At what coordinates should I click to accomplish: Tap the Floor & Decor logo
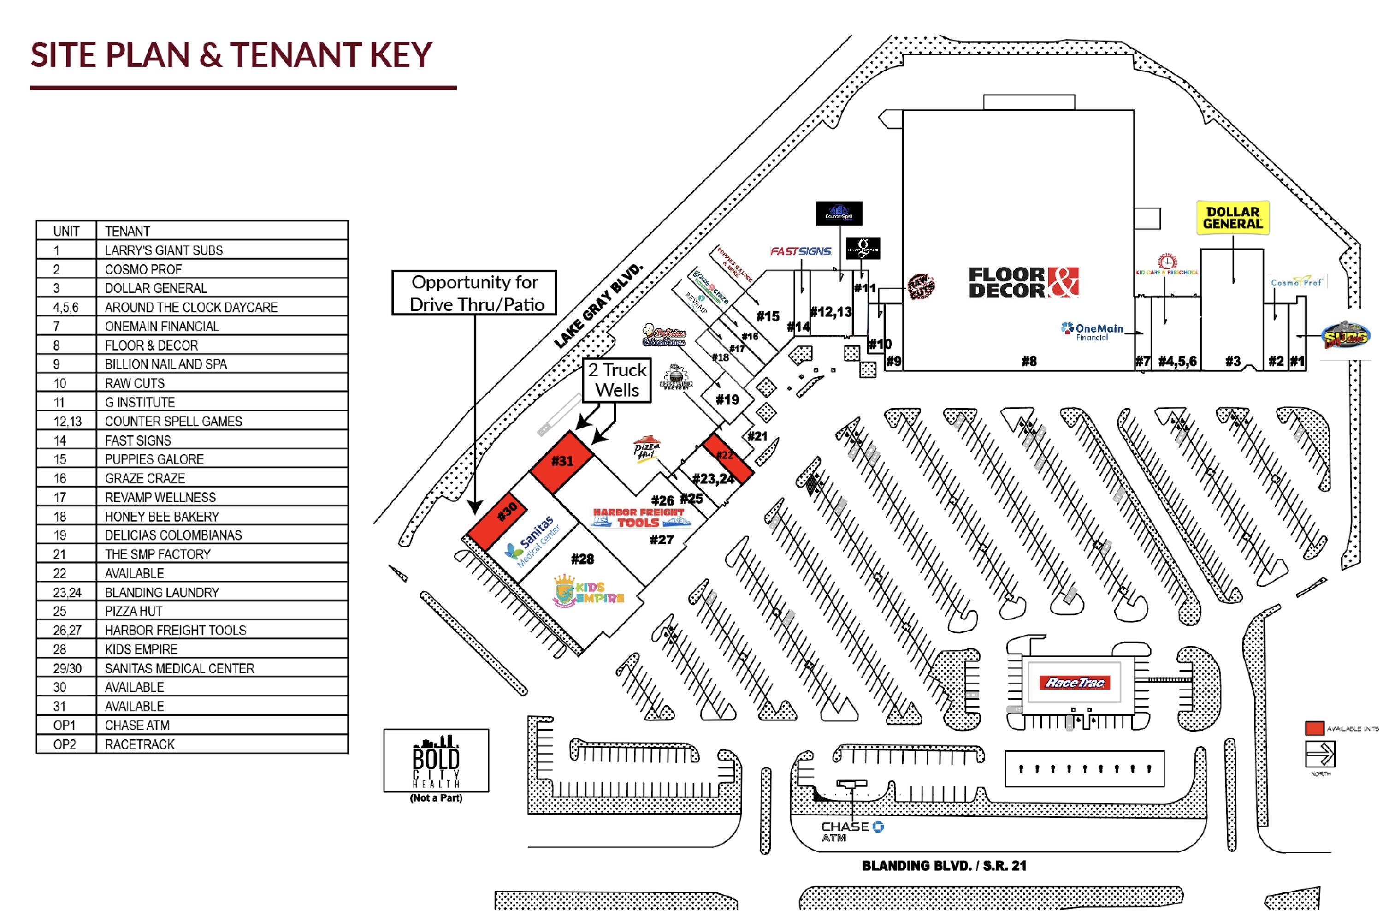coord(1022,282)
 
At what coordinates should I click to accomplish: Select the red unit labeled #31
coord(562,461)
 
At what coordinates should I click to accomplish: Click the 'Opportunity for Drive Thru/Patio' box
coord(474,293)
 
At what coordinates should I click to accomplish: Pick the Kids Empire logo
coord(588,591)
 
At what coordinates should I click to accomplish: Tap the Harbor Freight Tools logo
coord(639,518)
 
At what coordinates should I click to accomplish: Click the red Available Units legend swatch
coord(1314,728)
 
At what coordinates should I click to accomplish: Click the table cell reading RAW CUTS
coord(135,383)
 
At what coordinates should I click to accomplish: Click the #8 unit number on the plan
coord(1028,361)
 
